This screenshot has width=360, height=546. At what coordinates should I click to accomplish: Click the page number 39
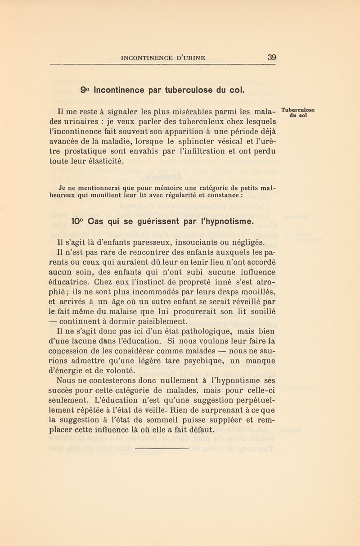tap(271, 57)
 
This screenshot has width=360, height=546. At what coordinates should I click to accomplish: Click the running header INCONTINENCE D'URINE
tap(161, 58)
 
